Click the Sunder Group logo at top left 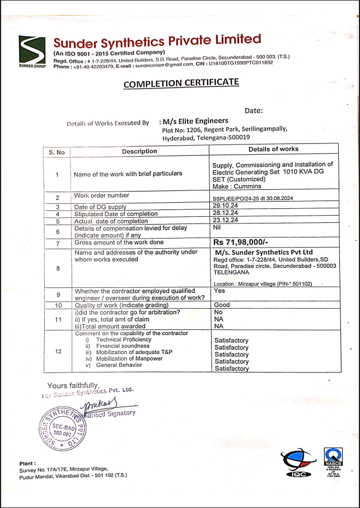31,52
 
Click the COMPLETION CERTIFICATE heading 181,83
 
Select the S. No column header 57,151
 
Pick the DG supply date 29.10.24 225,207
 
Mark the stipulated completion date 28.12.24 225,214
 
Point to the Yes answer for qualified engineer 219,291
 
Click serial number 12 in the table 58,352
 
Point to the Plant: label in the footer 27,464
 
